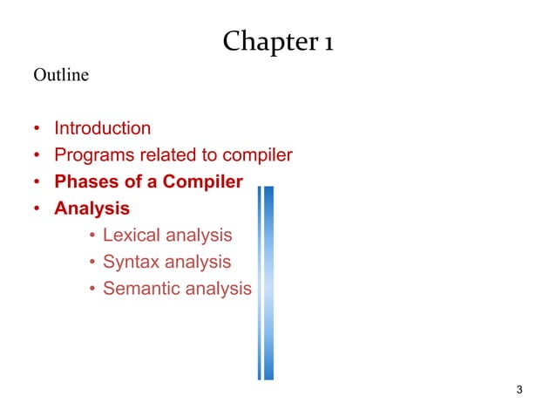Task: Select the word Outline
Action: tap(61, 76)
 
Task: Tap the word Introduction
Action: tap(102, 128)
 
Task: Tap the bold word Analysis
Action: tap(92, 208)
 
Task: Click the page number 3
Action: tap(519, 389)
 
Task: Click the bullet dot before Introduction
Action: tap(37, 129)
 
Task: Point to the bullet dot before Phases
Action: tap(37, 183)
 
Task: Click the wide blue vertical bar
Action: tap(268, 283)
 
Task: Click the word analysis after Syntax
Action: tap(201, 262)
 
